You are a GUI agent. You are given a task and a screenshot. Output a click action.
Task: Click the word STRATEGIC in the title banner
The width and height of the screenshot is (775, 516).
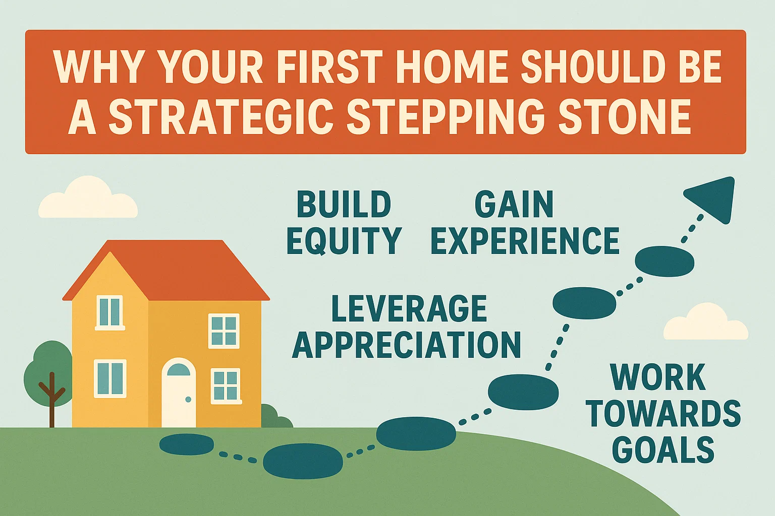[x=221, y=117]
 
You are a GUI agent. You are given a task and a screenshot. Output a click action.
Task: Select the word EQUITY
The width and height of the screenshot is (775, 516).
[x=344, y=240]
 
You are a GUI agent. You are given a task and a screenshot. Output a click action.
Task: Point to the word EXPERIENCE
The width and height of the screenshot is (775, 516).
[x=525, y=240]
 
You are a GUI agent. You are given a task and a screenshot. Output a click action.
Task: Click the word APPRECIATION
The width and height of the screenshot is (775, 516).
[x=407, y=345]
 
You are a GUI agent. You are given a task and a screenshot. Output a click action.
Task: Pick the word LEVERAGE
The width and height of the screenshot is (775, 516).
[x=409, y=309]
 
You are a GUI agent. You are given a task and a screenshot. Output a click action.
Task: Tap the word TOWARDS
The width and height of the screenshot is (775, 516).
[x=663, y=414]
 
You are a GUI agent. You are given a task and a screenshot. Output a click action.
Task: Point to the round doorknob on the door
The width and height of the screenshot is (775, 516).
[x=188, y=400]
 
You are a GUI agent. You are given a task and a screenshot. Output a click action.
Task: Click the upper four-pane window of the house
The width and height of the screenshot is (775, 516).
[x=224, y=331]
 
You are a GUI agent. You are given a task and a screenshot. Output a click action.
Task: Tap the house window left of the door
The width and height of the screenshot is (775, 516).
[x=110, y=378]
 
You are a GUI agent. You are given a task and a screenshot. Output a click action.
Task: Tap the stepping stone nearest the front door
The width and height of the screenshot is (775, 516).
[x=187, y=444]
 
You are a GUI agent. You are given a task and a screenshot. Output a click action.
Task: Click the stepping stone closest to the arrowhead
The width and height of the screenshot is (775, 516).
[x=664, y=262]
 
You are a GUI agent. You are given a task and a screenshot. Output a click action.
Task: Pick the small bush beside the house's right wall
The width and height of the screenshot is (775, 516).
[x=275, y=418]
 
